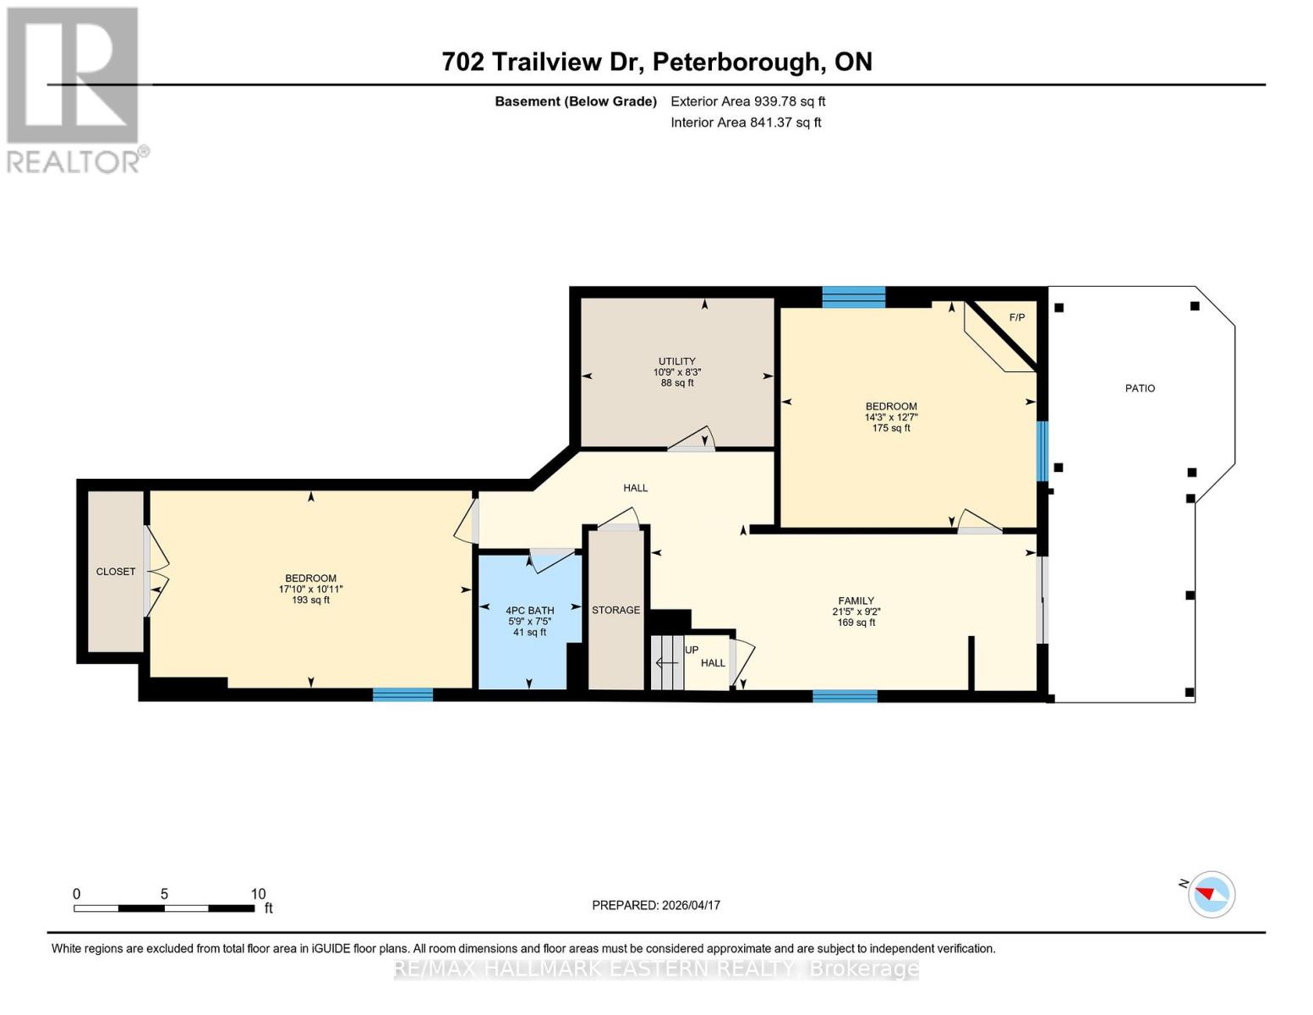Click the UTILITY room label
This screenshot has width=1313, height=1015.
pos(676,361)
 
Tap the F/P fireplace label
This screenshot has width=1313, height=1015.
pos(1016,317)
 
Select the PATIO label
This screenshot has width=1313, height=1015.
pos(1139,388)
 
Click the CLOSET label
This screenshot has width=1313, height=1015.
pos(116,572)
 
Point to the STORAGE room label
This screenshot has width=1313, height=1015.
pos(615,610)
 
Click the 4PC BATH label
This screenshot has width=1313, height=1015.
pos(529,610)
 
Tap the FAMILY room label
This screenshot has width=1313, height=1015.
pos(856,601)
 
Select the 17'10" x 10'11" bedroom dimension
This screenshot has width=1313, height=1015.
pos(310,590)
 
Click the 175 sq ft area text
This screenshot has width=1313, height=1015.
pos(891,428)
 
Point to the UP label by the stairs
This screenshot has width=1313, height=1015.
pos(692,650)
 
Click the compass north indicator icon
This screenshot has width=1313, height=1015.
pos(1211,894)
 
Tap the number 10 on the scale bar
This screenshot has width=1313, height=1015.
pos(258,894)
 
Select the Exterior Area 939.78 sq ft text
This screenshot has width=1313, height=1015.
pos(747,101)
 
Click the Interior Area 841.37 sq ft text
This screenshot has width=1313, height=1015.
pos(746,123)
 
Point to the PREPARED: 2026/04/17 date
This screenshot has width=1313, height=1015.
pos(656,905)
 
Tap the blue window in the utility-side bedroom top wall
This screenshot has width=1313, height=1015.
pos(853,297)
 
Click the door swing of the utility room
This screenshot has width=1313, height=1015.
pos(693,439)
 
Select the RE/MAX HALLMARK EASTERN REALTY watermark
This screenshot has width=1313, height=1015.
pos(656,969)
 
